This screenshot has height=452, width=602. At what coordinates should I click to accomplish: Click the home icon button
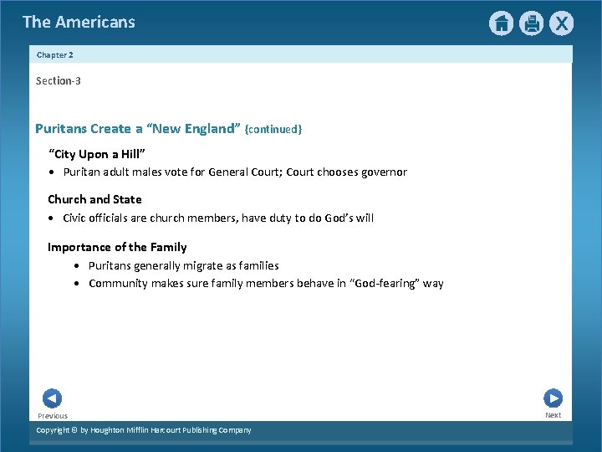[x=501, y=23]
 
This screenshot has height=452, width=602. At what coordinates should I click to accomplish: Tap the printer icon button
[x=531, y=23]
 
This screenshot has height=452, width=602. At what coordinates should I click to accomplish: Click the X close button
[x=561, y=23]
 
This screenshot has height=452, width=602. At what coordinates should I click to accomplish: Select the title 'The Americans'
[x=79, y=22]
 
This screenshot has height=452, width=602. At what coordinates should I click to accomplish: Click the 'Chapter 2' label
[x=55, y=55]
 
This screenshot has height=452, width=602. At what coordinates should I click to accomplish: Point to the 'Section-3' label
[x=59, y=81]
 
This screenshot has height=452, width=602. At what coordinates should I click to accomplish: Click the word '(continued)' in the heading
[x=273, y=130]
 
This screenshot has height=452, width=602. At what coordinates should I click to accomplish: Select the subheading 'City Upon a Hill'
[x=97, y=154]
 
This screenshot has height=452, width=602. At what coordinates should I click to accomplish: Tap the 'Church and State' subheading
[x=94, y=199]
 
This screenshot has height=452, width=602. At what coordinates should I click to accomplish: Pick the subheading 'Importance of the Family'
[x=117, y=247]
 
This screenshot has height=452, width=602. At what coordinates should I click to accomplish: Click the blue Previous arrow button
[x=52, y=398]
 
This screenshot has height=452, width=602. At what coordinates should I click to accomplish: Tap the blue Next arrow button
[x=553, y=398]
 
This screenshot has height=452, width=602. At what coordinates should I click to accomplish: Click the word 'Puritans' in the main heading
[x=61, y=129]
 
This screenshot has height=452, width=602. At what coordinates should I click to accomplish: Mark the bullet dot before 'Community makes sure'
[x=78, y=284]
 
